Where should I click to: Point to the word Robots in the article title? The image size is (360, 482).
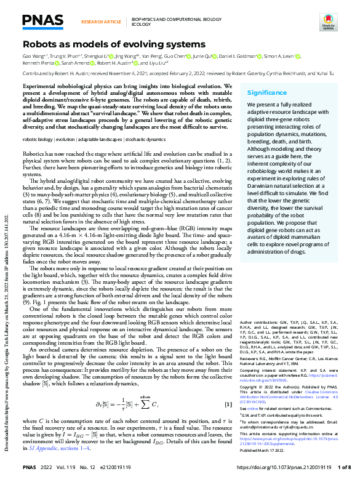[40, 44]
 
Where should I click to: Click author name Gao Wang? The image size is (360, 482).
[33, 56]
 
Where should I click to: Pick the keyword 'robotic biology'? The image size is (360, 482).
[38, 140]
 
